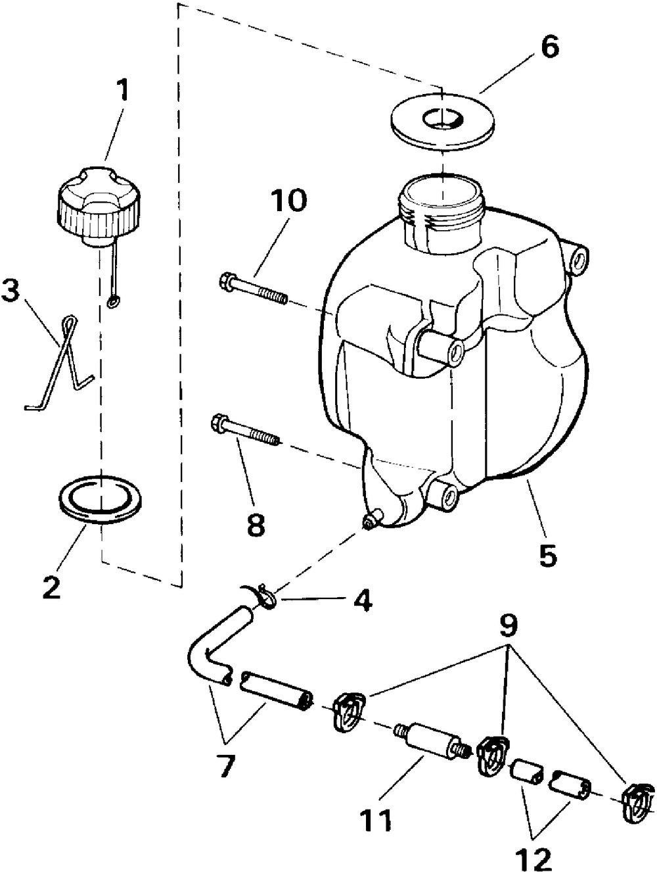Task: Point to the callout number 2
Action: point(51,587)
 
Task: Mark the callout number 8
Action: point(256,525)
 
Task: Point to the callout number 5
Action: point(547,553)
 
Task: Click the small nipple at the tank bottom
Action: point(371,521)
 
